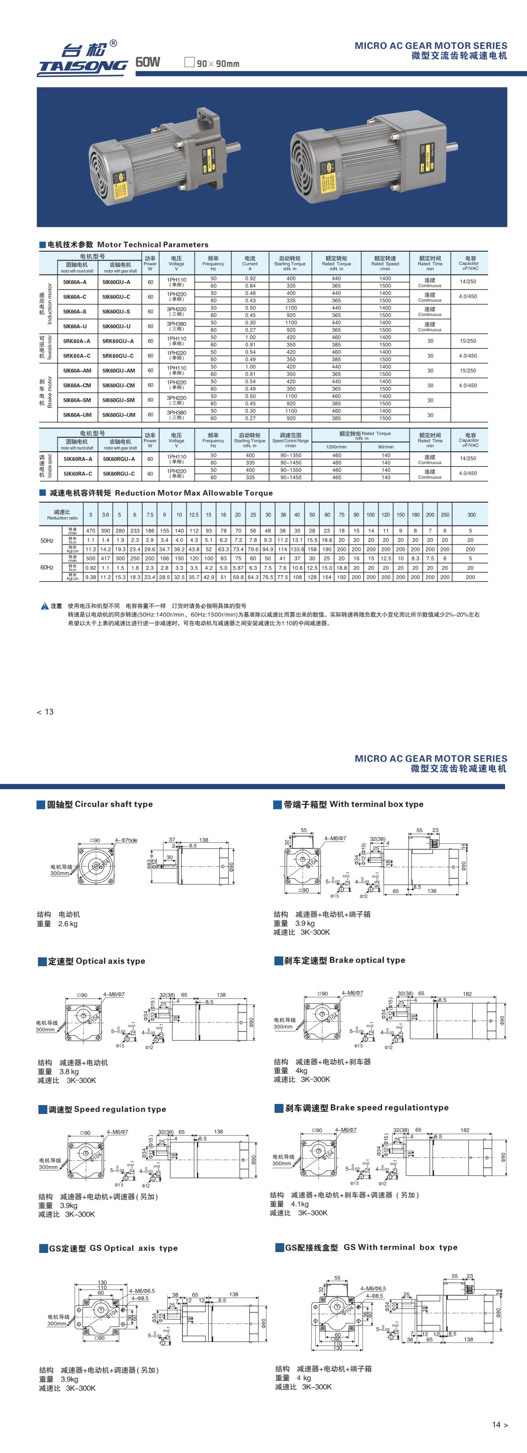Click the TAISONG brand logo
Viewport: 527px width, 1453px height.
83,59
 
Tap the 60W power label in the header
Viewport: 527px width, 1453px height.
148,62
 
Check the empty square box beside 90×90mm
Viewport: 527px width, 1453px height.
189,62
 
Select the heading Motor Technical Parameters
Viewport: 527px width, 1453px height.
152,244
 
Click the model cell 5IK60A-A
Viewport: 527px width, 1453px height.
75,282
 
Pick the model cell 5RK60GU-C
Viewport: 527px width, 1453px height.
119,356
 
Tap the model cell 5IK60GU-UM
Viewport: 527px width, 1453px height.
119,415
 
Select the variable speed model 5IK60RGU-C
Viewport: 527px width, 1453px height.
119,474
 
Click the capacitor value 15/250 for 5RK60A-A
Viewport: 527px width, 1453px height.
468,341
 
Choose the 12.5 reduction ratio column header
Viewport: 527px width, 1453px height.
193,515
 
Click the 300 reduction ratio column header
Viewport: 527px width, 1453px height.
471,515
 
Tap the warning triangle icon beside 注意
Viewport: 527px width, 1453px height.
44,606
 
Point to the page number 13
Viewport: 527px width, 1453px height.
48,712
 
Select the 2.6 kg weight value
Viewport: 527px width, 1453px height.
68,924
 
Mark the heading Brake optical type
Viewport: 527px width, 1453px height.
367,960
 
